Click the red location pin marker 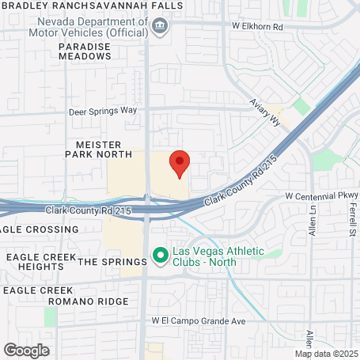pyautogui.click(x=180, y=162)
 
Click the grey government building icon pyautogui.click(x=161, y=26)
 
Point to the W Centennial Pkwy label pyautogui.click(x=322, y=195)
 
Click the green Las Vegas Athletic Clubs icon pyautogui.click(x=159, y=255)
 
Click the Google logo pyautogui.click(x=26, y=350)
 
